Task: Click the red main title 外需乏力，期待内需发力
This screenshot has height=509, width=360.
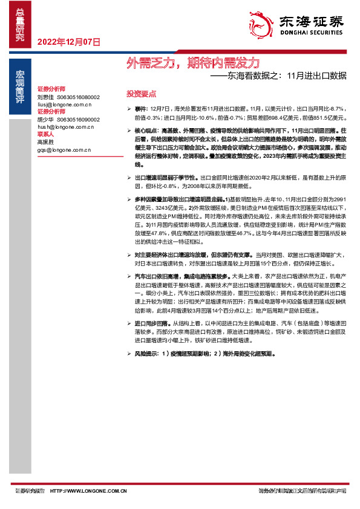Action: [x=193, y=62]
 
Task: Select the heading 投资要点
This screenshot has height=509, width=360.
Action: [x=141, y=94]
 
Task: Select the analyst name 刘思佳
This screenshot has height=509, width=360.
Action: [x=46, y=97]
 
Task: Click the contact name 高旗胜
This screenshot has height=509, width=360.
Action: [x=46, y=142]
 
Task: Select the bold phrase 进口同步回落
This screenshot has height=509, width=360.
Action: [x=152, y=323]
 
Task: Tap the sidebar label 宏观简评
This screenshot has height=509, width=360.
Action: [x=21, y=91]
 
